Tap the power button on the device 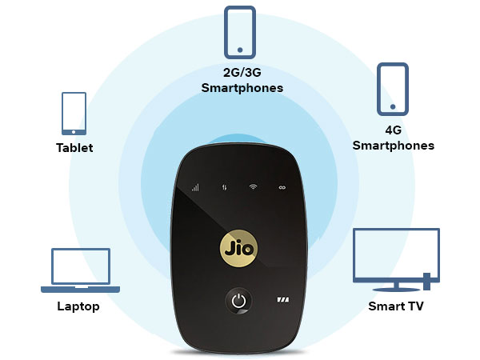(x=237, y=302)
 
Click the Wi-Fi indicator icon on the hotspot (x=253, y=187)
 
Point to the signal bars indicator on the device (x=194, y=188)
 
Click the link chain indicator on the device (x=282, y=187)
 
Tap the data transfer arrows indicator (x=224, y=188)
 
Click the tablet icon (x=74, y=114)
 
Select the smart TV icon (x=396, y=258)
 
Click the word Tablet (x=74, y=148)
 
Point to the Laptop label (x=78, y=306)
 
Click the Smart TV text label (x=396, y=306)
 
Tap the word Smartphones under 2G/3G (x=242, y=89)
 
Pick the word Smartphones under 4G (x=394, y=146)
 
